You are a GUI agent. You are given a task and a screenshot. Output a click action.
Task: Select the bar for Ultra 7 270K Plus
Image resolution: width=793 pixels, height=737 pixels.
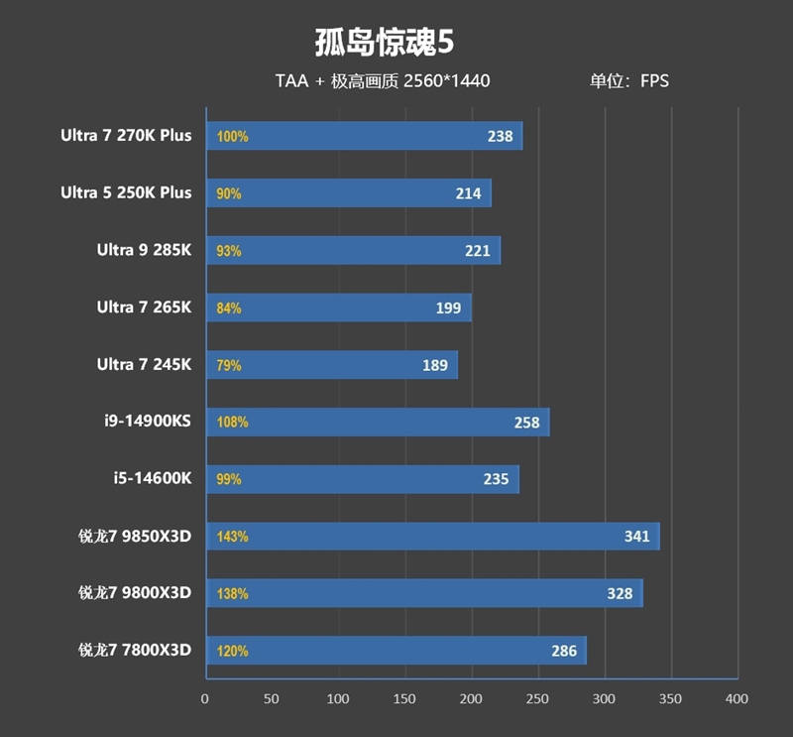click(x=364, y=136)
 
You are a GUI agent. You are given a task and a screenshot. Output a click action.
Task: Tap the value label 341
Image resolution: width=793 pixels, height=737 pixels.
click(x=636, y=537)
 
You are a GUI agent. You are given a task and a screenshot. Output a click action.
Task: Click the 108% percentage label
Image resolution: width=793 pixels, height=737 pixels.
click(x=232, y=423)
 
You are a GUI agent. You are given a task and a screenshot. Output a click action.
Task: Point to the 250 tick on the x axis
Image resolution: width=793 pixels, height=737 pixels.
click(x=538, y=699)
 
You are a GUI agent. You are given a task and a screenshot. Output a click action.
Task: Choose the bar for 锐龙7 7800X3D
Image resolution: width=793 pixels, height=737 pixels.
click(x=396, y=651)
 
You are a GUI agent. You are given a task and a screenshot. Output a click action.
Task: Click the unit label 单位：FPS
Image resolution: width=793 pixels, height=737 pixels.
click(x=629, y=81)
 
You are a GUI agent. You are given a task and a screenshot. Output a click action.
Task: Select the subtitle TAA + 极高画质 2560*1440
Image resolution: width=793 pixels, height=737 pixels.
click(x=383, y=81)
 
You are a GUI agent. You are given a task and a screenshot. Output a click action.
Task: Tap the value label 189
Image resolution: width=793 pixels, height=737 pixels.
click(x=435, y=365)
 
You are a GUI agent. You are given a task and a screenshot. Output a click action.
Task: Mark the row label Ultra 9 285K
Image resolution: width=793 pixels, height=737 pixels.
click(x=144, y=250)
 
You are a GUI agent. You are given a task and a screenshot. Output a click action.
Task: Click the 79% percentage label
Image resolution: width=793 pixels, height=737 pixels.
click(x=229, y=365)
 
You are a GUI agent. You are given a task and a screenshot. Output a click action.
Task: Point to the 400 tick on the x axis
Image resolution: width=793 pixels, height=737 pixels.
click(x=736, y=699)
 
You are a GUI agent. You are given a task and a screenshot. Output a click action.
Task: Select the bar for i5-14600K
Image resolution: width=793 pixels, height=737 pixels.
click(x=362, y=479)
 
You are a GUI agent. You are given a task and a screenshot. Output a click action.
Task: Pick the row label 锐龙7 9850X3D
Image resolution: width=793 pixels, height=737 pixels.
click(x=135, y=537)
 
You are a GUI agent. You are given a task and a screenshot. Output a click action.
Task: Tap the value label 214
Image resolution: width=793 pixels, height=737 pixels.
click(x=468, y=193)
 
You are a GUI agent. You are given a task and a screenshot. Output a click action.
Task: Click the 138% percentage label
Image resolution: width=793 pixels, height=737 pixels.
click(x=232, y=594)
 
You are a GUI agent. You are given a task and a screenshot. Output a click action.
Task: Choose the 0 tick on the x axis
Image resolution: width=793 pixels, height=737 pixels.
click(x=205, y=699)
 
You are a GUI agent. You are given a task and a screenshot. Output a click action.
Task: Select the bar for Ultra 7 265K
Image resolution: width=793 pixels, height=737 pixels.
click(x=338, y=307)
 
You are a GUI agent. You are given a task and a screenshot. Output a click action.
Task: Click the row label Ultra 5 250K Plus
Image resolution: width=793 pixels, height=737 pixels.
click(x=126, y=192)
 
